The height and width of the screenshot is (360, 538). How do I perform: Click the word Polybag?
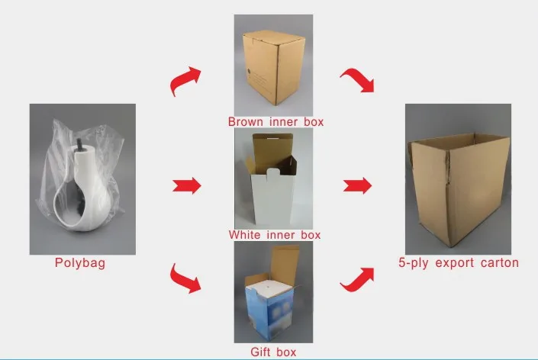80,264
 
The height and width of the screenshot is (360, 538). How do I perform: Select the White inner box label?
275,235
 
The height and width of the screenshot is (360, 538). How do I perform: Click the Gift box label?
273,352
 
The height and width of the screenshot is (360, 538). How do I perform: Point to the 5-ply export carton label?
458,263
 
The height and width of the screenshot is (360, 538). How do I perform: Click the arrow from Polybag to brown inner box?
185,79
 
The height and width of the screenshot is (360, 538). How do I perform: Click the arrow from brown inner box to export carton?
357,79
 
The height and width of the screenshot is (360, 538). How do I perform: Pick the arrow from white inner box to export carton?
357,185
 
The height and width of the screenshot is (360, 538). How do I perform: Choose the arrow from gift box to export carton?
357,278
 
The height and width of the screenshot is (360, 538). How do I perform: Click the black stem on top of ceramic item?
79,143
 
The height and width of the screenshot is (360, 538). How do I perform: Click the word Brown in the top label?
245,121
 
